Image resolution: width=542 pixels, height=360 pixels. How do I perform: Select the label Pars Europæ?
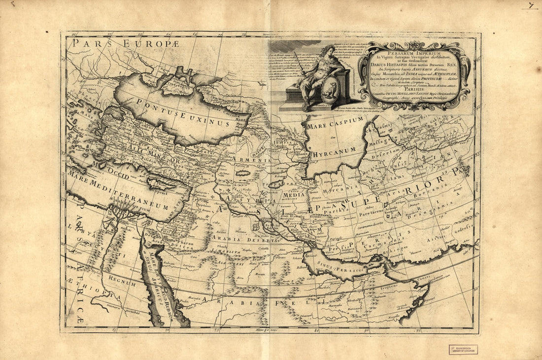[103, 44]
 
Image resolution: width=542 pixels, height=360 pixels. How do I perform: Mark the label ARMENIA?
[255, 161]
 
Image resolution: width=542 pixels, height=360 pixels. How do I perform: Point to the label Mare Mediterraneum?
[115, 190]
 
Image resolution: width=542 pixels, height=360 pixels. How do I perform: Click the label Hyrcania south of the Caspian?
[336, 190]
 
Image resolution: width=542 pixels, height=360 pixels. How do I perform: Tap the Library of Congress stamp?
[463, 350]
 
